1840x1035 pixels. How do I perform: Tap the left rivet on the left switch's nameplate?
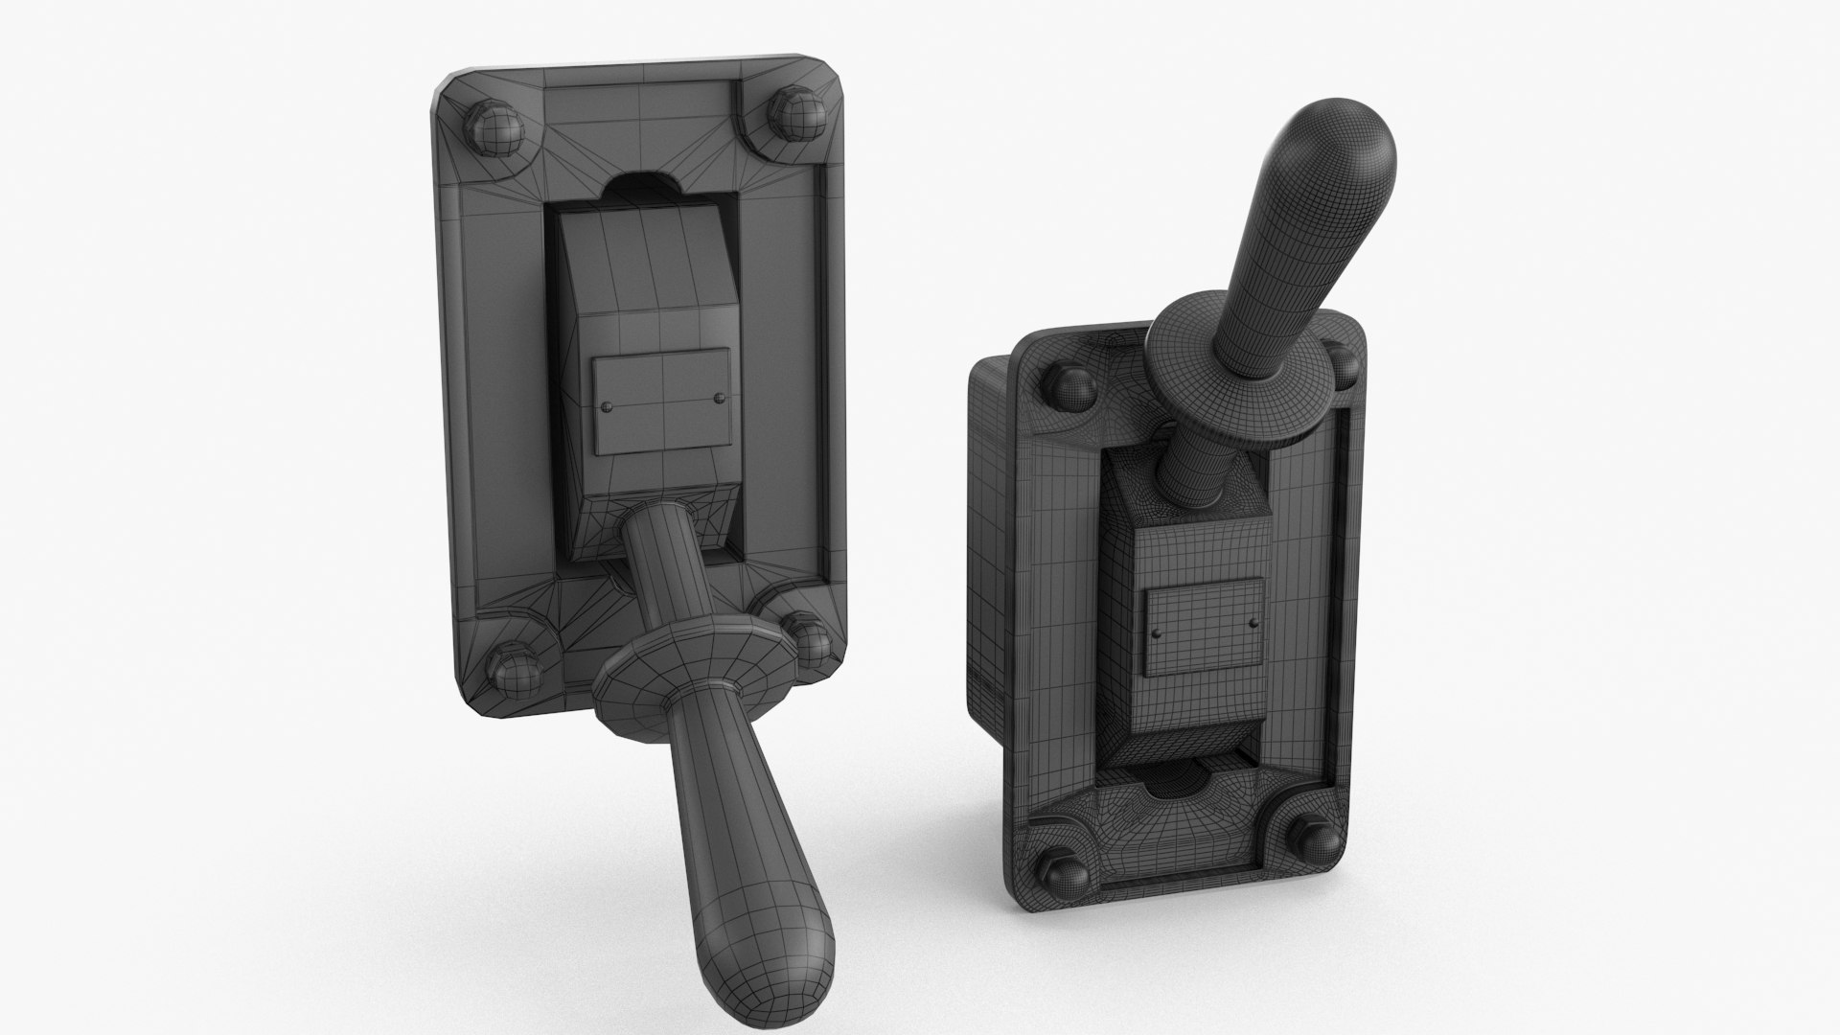click(x=607, y=407)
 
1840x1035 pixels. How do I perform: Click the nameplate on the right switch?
click(x=1204, y=629)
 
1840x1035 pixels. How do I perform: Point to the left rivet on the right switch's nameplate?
click(x=1158, y=633)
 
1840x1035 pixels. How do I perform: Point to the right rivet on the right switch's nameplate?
click(x=1252, y=623)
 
